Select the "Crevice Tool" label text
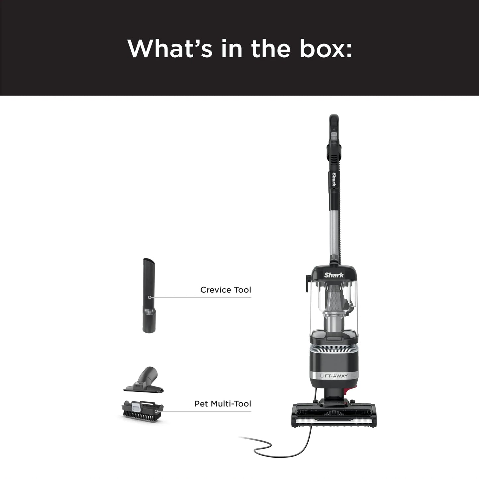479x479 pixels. (x=225, y=290)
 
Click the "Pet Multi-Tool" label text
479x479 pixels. (x=222, y=404)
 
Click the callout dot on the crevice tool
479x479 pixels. (x=150, y=297)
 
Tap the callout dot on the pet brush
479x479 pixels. (x=156, y=411)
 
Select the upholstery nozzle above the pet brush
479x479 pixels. (x=144, y=381)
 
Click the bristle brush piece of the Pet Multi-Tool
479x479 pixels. (x=143, y=414)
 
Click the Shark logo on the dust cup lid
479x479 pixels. (x=334, y=275)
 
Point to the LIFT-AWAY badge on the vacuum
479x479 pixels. (x=333, y=376)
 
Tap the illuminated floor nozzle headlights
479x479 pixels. (x=334, y=421)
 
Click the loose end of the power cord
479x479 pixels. (x=240, y=438)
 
